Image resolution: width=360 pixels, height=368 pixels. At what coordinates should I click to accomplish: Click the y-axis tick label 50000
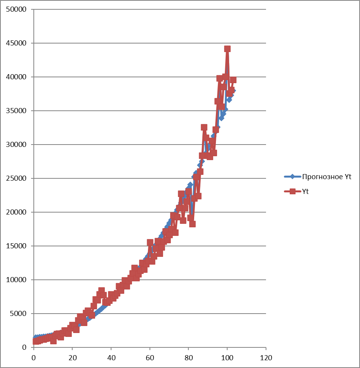[16, 9]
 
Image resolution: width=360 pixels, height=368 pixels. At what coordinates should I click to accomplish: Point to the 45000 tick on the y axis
[16, 43]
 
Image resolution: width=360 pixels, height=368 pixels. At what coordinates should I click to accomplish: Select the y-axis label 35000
[16, 111]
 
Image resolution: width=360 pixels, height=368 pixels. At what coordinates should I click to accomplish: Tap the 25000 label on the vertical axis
[16, 178]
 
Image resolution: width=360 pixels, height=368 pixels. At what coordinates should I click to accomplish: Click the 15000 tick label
[16, 246]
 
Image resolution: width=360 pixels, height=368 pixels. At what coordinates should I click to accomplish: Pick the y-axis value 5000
[18, 314]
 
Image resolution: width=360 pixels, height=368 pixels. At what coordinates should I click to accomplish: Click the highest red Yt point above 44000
[227, 49]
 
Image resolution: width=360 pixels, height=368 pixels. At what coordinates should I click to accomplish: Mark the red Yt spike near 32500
[204, 127]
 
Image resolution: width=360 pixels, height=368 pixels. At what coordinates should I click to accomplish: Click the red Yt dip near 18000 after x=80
[192, 224]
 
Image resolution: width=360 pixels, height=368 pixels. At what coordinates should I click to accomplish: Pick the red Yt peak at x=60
[150, 242]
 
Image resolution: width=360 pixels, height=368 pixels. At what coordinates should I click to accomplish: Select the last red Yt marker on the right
[233, 80]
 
